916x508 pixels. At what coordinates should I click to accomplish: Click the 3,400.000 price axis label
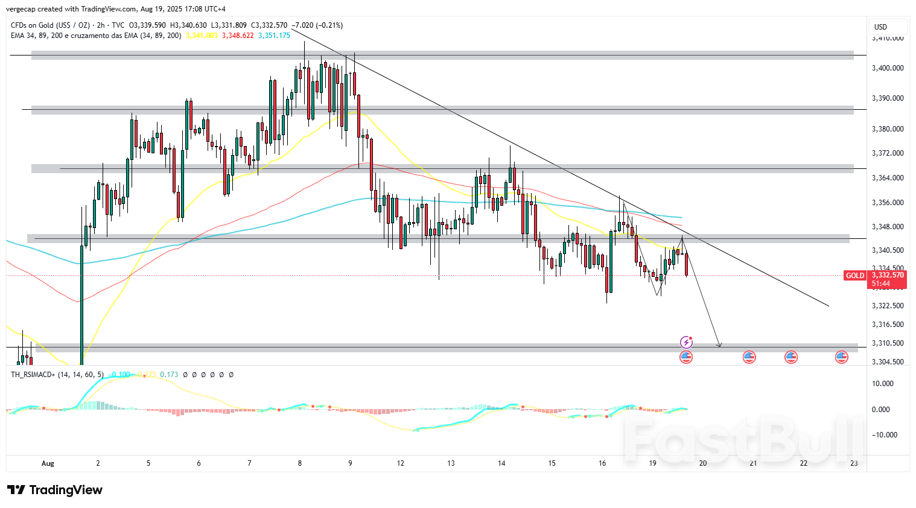(x=888, y=68)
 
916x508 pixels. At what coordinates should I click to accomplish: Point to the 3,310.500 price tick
(x=888, y=343)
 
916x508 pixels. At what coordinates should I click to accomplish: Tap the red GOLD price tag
(x=854, y=276)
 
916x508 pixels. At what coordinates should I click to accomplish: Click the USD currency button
(x=881, y=27)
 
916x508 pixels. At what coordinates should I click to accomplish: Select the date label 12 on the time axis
(x=401, y=463)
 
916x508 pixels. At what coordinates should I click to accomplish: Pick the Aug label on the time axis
(x=48, y=463)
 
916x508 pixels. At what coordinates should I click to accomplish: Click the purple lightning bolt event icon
(x=686, y=343)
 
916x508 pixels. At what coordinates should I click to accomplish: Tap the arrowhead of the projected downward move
(x=719, y=345)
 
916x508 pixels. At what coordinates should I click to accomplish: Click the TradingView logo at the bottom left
(x=55, y=490)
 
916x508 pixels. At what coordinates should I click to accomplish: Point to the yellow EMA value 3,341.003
(x=202, y=36)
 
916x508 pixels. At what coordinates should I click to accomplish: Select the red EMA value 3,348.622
(x=238, y=36)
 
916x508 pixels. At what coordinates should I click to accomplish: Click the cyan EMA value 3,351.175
(x=274, y=36)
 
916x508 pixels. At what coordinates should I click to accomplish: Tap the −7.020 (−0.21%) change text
(x=317, y=25)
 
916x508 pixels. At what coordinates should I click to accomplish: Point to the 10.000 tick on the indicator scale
(x=882, y=384)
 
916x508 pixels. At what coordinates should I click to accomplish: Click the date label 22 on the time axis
(x=804, y=463)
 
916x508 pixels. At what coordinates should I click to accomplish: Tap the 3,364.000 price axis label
(x=888, y=178)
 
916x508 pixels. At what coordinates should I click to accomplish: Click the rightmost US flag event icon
(x=841, y=357)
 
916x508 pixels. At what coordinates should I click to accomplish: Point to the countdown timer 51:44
(x=881, y=284)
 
